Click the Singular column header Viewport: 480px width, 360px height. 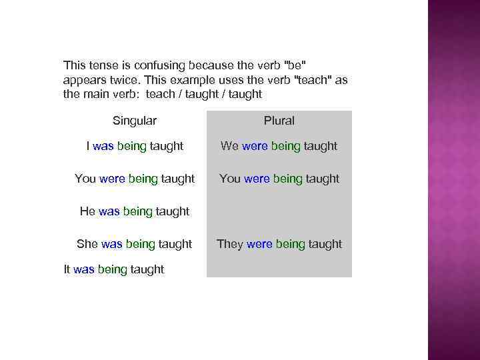(x=135, y=121)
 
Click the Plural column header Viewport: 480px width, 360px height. (x=279, y=121)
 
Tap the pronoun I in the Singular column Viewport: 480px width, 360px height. (x=88, y=146)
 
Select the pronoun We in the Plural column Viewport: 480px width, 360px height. (x=229, y=146)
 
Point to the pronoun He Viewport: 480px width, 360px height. (x=87, y=211)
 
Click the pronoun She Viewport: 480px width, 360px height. (x=87, y=244)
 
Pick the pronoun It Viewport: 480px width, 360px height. (x=67, y=269)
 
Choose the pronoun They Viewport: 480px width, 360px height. (x=230, y=244)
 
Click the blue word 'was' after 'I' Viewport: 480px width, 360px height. (x=103, y=146)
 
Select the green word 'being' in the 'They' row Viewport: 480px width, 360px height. (x=290, y=244)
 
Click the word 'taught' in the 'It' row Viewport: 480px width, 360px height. (x=147, y=269)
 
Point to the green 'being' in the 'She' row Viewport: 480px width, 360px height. (x=140, y=244)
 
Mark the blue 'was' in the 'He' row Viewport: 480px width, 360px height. (x=109, y=211)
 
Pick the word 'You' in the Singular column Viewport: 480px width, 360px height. (x=85, y=179)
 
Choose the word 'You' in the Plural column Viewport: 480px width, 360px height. (x=230, y=179)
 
